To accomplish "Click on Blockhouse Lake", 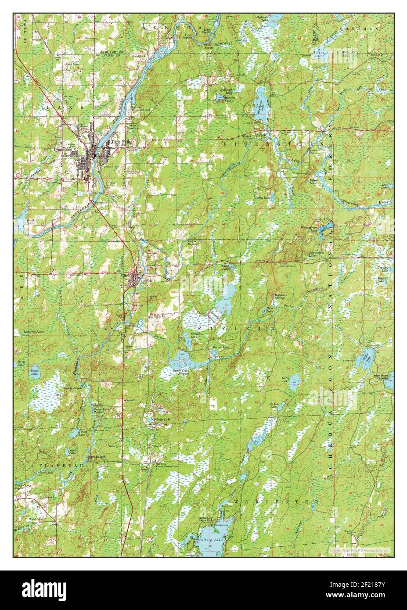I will [x=260, y=97].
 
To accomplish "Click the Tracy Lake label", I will [x=263, y=198].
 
